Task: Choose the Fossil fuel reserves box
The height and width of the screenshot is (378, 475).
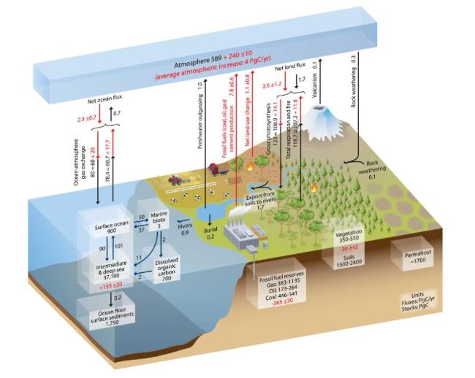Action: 278,285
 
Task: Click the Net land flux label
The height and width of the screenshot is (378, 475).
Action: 288,66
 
